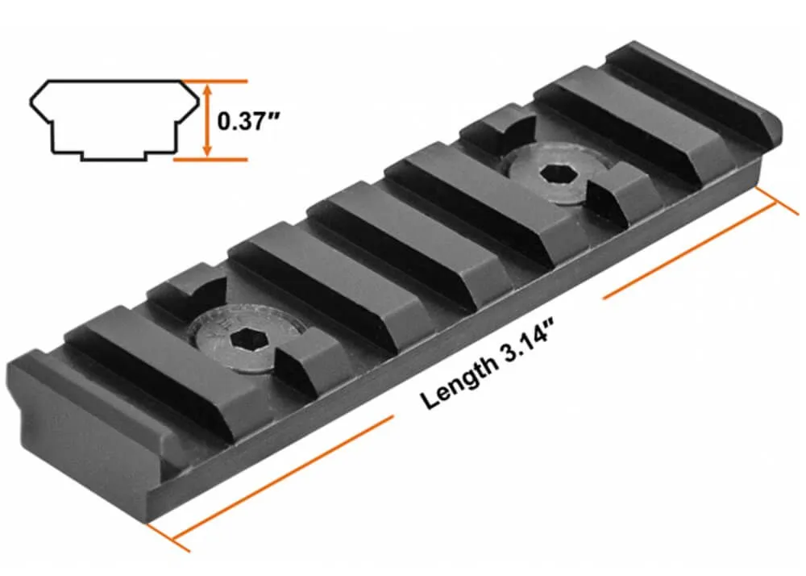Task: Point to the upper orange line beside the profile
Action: (x=218, y=81)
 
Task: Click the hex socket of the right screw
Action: (x=555, y=173)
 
